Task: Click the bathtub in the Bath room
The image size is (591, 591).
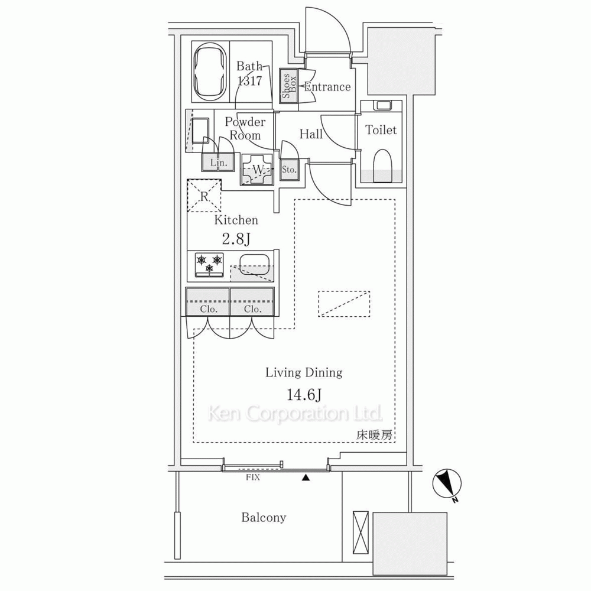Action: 211,72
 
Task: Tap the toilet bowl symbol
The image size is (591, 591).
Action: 382,166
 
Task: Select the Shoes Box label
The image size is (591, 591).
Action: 289,86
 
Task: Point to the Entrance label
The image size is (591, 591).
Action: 327,87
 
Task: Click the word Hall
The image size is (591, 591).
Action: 311,134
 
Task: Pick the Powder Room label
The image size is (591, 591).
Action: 245,128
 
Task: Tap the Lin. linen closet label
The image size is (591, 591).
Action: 219,163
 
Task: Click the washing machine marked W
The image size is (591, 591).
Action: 258,170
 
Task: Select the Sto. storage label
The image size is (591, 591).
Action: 289,170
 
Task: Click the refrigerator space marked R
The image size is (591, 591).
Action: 204,196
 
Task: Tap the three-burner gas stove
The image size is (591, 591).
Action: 209,265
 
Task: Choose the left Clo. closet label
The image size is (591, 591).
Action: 209,310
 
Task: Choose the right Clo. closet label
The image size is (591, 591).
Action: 252,310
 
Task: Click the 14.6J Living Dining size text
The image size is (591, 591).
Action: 304,395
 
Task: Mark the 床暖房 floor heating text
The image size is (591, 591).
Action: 374,435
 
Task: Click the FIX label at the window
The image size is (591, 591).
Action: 253,477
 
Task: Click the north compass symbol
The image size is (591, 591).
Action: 447,484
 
